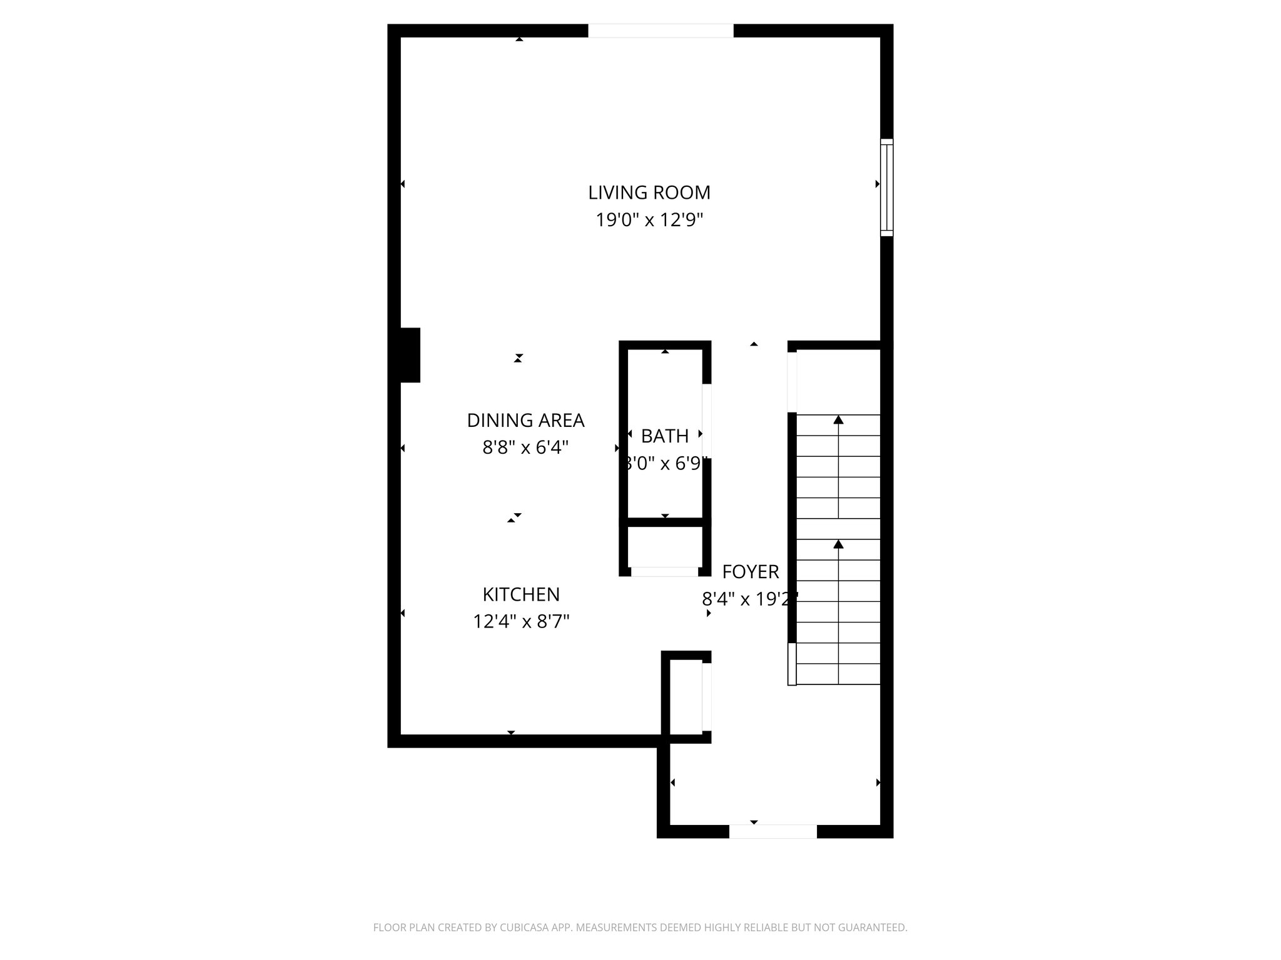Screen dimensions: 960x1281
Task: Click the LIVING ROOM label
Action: tap(649, 192)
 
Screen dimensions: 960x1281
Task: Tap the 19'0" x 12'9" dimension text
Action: tap(649, 220)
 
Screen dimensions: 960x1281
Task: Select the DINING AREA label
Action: tap(525, 421)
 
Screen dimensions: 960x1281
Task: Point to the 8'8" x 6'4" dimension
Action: tap(525, 447)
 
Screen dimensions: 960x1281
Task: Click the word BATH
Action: tap(665, 436)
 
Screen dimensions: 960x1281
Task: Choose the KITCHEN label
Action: tap(521, 594)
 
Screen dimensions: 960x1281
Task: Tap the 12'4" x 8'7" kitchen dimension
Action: tap(521, 622)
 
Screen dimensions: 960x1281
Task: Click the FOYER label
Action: tap(751, 572)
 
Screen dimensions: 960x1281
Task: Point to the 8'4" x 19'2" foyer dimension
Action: tap(750, 599)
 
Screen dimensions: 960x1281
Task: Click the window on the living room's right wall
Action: tap(886, 187)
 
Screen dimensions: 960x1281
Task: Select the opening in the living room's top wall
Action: tap(661, 31)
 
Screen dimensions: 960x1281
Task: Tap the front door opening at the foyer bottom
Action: tap(772, 831)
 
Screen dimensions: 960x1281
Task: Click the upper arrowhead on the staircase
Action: tap(838, 420)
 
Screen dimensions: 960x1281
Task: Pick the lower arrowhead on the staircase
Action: tap(838, 544)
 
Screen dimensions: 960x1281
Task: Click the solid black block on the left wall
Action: tap(410, 355)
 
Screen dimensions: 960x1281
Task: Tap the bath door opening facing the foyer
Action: tap(707, 421)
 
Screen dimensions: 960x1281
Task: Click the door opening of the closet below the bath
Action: tap(664, 572)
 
